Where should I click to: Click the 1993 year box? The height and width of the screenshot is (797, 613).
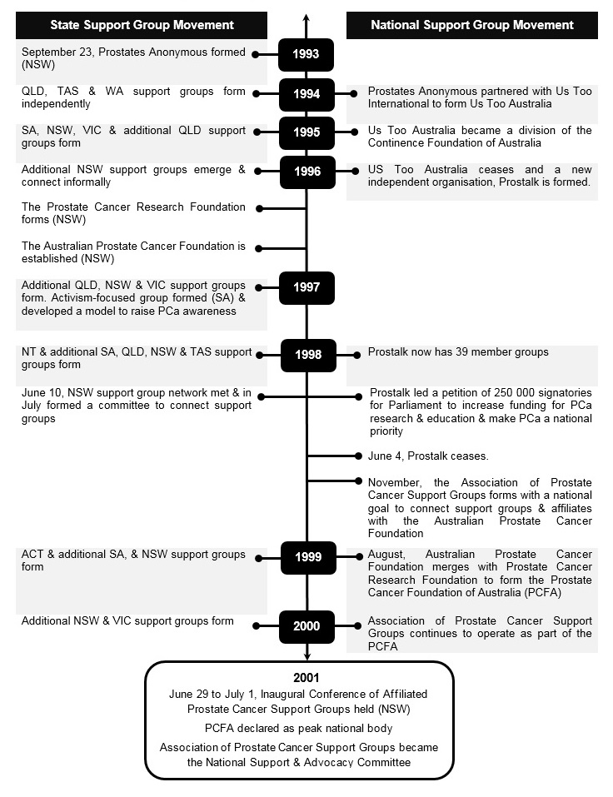click(306, 56)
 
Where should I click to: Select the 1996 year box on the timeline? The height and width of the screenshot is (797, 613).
click(306, 172)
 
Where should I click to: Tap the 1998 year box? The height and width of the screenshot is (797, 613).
click(306, 355)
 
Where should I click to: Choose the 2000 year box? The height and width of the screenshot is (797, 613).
click(306, 626)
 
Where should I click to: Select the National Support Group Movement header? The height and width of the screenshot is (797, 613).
click(471, 25)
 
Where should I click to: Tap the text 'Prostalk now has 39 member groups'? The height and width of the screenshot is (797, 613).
click(458, 352)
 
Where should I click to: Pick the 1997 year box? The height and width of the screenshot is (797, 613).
click(306, 288)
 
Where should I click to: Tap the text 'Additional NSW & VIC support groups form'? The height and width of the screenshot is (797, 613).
click(127, 621)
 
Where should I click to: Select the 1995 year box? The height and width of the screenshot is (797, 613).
click(306, 133)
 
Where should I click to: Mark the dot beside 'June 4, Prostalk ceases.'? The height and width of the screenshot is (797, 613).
click(359, 456)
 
